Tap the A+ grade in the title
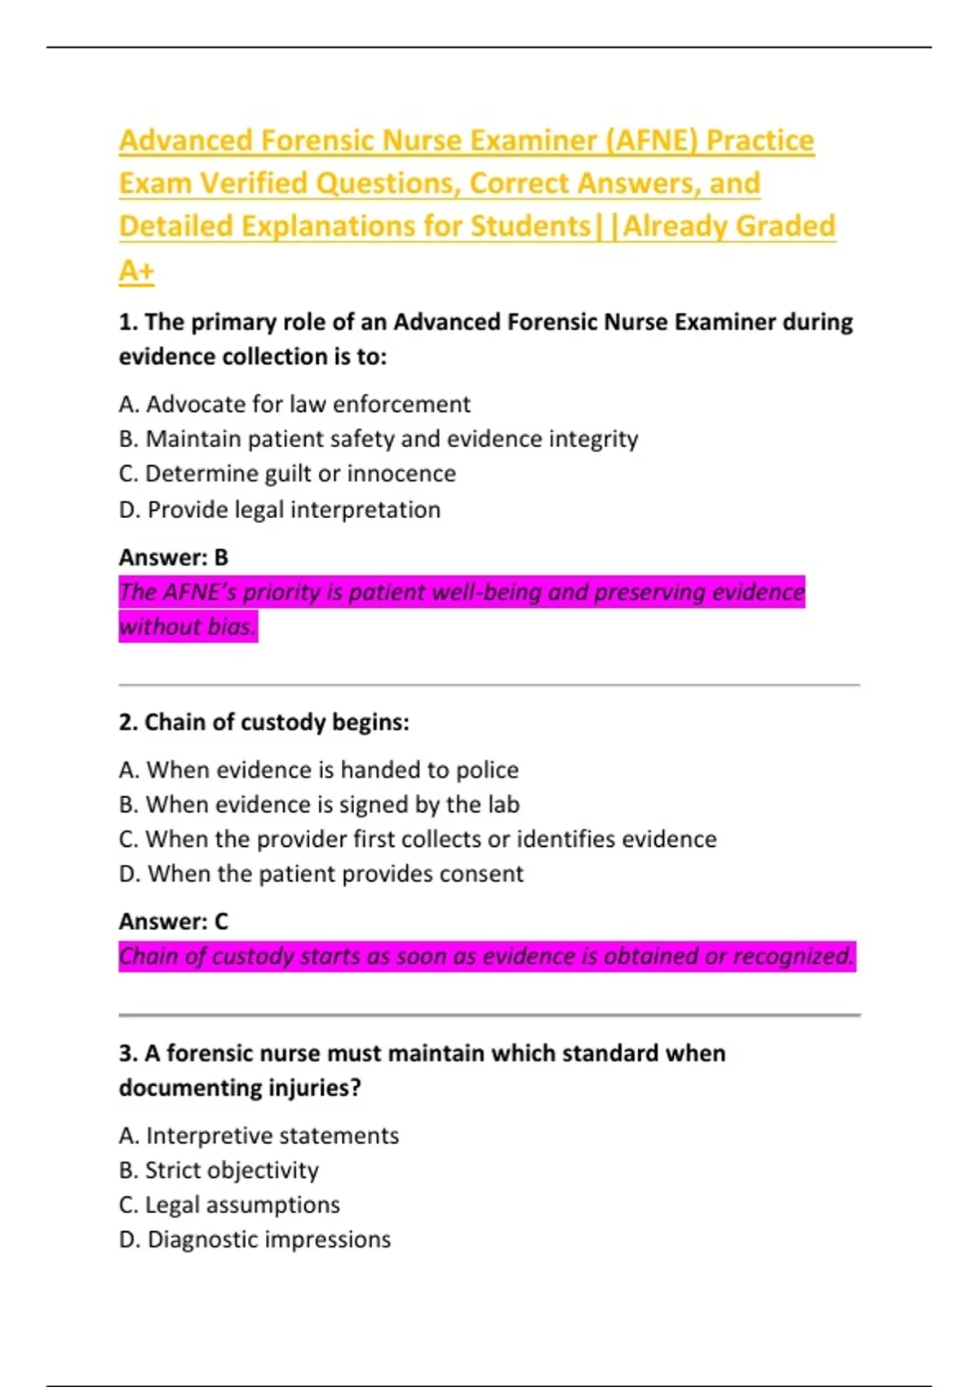(136, 270)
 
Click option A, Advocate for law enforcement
(295, 404)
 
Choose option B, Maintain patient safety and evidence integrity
(379, 439)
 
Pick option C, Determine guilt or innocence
(287, 473)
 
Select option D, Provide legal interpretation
(280, 509)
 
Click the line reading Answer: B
(174, 557)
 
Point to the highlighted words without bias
(188, 627)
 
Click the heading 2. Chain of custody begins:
(264, 722)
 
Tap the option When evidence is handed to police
(319, 769)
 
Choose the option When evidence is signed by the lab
(319, 804)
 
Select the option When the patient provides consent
(321, 874)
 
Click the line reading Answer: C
(174, 921)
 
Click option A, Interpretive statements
(259, 1136)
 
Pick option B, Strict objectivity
(219, 1170)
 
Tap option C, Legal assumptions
(229, 1205)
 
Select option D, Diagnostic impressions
(255, 1239)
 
